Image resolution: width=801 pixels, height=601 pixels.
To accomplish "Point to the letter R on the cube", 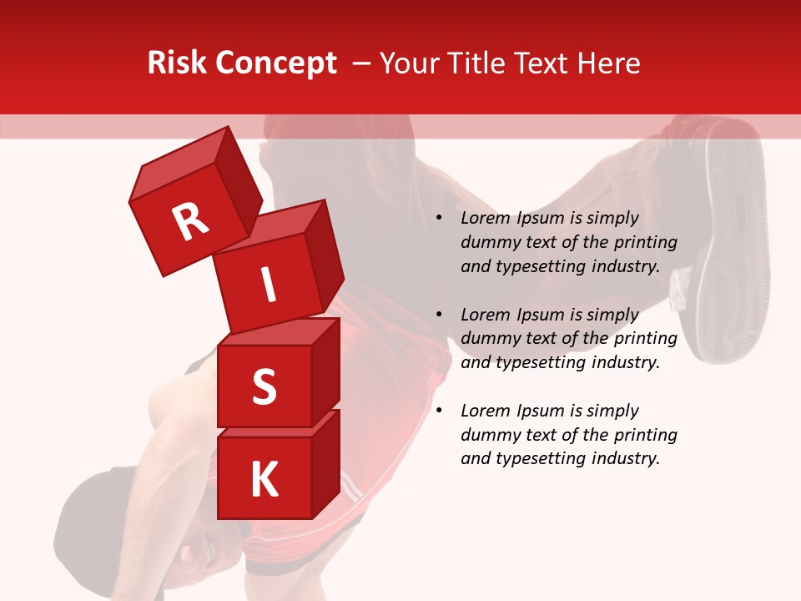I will (x=190, y=221).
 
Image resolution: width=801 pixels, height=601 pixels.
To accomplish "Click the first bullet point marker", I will (x=439, y=219).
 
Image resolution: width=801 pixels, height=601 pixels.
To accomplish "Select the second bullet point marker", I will (x=439, y=316).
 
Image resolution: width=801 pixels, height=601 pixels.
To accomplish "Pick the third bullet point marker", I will (x=439, y=412).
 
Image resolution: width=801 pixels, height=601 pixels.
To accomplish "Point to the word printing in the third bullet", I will (x=646, y=435).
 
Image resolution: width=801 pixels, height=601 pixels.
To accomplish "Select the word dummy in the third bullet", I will (x=488, y=435).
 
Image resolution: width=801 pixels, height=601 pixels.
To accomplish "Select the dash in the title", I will (x=362, y=64).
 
